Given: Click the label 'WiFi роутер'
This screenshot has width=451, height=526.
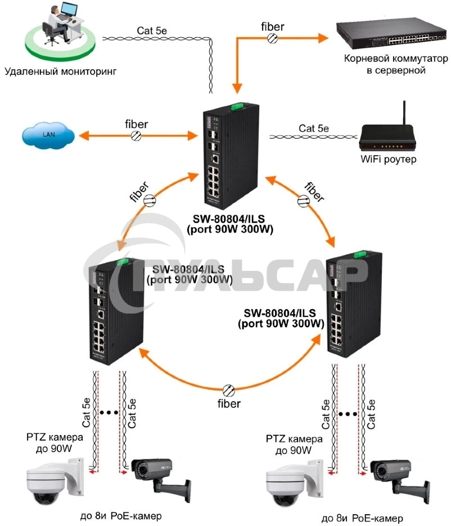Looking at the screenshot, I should point(389,160).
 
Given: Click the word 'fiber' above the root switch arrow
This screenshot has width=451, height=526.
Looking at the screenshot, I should point(272,25).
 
